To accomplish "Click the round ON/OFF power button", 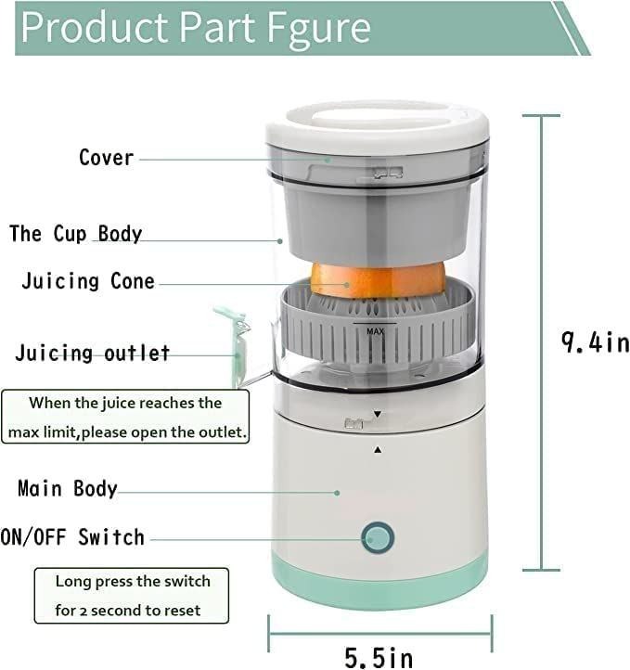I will pos(378,537).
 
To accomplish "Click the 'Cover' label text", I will pos(106,158).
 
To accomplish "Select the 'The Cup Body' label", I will pos(76,233).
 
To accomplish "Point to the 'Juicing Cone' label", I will pos(88,281).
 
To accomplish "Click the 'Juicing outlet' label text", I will pos(93,354).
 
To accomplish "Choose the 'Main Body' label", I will pos(68,488).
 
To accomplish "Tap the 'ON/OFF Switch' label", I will pos(73,537).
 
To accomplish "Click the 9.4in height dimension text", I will pos(595,341).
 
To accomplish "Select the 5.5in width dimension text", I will pos(379,657).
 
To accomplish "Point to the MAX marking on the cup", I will pos(376,330).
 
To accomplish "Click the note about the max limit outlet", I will pos(125,418).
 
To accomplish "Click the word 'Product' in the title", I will pos(93,28).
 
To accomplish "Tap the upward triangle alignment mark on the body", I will pos(378,449).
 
